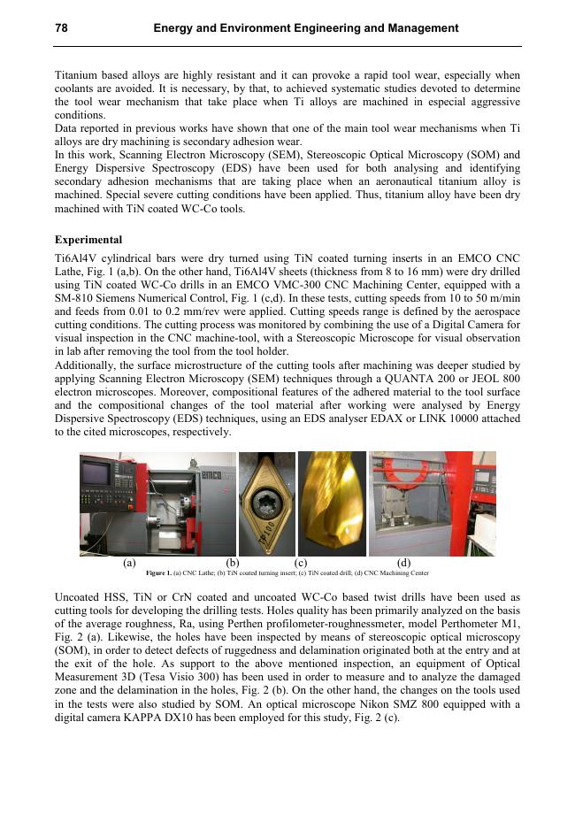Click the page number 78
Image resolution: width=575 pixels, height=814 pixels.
click(61, 28)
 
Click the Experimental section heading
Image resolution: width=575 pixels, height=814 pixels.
click(88, 240)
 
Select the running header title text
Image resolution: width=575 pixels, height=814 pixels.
click(305, 28)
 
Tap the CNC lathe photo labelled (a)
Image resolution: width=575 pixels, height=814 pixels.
click(157, 503)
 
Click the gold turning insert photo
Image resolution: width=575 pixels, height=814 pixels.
click(267, 503)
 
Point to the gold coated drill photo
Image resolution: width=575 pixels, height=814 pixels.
click(331, 503)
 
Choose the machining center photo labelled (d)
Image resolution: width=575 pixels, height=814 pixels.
click(433, 503)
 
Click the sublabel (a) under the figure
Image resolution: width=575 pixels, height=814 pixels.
click(129, 561)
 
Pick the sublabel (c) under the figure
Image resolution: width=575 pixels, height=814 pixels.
click(300, 561)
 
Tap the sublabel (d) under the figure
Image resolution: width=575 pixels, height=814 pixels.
click(404, 561)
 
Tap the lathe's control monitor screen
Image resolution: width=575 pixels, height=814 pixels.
click(98, 478)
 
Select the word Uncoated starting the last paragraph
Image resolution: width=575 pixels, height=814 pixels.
click(81, 597)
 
